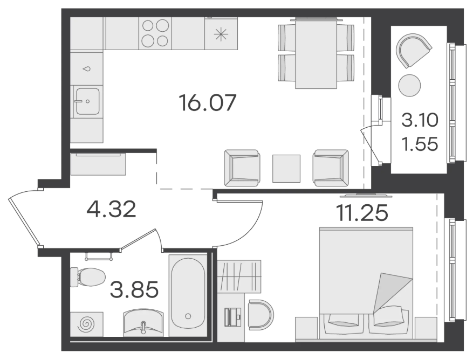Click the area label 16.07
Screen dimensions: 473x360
click(x=207, y=102)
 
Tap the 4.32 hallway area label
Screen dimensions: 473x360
click(x=111, y=210)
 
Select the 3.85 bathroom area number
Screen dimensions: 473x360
click(x=134, y=289)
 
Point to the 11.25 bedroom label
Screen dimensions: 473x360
click(x=362, y=212)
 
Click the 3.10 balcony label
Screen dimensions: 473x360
click(x=420, y=121)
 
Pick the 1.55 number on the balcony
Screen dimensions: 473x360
click(x=420, y=144)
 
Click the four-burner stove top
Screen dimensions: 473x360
click(x=155, y=33)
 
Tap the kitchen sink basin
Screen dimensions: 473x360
click(x=87, y=101)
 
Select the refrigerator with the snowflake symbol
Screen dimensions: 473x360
click(x=221, y=33)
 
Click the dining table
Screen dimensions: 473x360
click(x=316, y=54)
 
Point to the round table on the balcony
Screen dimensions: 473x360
click(x=409, y=85)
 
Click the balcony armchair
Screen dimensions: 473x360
click(x=413, y=50)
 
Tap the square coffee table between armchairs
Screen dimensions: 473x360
click(x=286, y=169)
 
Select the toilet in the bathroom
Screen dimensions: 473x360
click(x=87, y=277)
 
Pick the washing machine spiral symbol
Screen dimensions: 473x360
click(x=86, y=324)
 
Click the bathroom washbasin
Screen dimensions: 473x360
click(x=143, y=322)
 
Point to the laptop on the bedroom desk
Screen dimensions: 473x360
click(x=234, y=316)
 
